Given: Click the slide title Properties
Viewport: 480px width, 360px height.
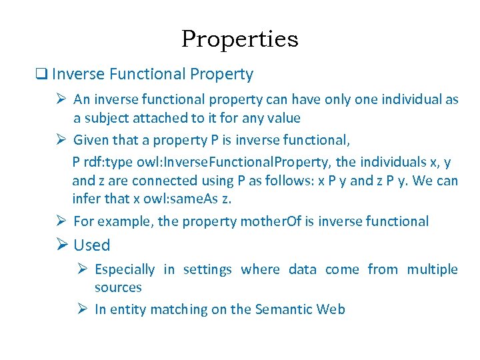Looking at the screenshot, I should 239,39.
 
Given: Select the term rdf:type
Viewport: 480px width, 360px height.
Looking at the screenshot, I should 110,162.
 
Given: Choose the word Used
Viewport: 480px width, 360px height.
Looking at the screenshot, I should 92,245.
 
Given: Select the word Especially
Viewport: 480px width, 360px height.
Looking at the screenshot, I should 125,269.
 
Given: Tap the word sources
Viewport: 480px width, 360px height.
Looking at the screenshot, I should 118,287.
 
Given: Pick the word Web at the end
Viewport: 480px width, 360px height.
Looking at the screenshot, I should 331,309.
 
